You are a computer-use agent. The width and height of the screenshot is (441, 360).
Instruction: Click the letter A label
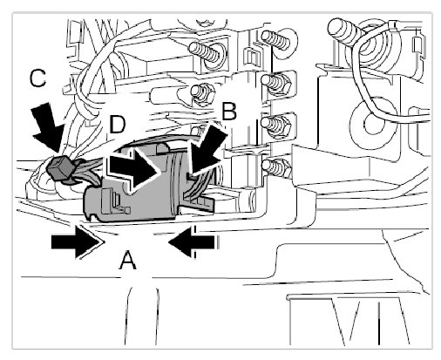[128, 261]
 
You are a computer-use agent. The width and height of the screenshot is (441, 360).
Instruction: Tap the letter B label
[229, 112]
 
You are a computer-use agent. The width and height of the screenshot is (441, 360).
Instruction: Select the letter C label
[38, 78]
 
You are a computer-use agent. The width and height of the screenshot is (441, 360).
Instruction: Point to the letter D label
[118, 125]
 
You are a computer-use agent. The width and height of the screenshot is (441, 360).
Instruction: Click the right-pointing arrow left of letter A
[77, 241]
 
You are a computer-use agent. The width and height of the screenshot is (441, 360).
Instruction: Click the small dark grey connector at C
[60, 167]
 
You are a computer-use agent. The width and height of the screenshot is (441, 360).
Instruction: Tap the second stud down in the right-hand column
[275, 82]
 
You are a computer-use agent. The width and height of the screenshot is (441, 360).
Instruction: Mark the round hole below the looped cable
[371, 125]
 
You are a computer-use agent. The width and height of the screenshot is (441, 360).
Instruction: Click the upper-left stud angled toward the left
[207, 51]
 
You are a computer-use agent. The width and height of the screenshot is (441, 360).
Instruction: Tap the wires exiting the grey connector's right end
[193, 186]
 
